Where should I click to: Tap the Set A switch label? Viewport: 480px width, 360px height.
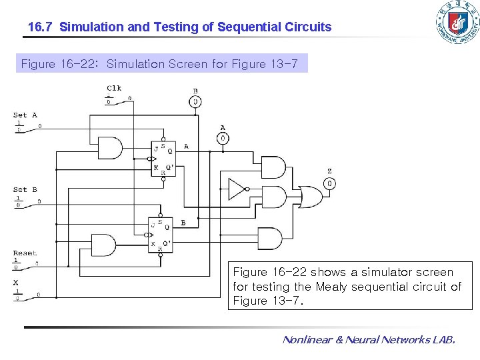(25, 115)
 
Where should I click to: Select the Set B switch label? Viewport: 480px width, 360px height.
(25, 190)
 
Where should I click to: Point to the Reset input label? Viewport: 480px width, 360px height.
(25, 253)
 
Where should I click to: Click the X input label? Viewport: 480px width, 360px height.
(16, 282)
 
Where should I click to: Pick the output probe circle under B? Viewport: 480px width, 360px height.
(195, 102)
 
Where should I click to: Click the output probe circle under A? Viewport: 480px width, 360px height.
(223, 139)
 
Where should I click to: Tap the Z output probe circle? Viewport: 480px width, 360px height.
(329, 183)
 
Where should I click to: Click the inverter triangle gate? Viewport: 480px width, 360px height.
(237, 189)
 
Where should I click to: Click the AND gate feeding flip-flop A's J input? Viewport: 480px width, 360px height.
(110, 147)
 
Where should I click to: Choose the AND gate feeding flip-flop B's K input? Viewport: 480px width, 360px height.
(103, 245)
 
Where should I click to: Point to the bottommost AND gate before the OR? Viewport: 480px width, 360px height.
(269, 238)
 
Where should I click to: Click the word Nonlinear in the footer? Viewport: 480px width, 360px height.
(307, 340)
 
